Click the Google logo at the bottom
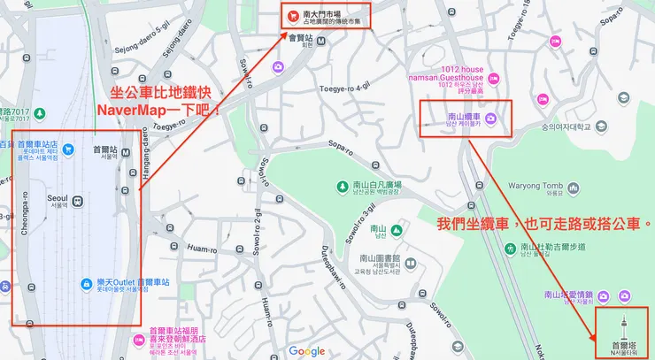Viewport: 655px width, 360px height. click(x=306, y=351)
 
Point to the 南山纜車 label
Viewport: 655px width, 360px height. click(x=463, y=117)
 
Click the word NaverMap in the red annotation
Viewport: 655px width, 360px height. click(x=133, y=113)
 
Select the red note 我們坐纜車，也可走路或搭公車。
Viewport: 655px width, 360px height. click(x=544, y=224)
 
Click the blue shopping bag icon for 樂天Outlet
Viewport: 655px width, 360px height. click(x=86, y=284)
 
